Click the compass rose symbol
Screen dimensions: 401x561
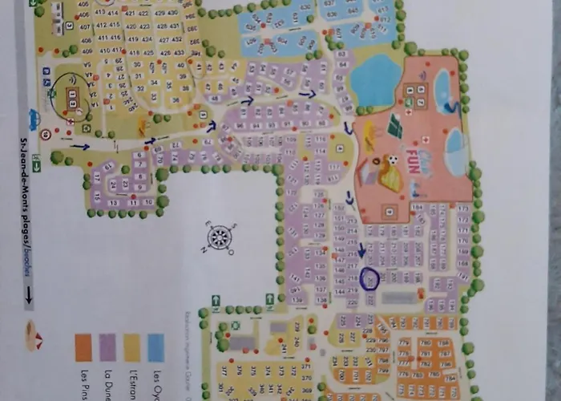[219, 237]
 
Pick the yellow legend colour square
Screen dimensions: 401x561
[131, 346]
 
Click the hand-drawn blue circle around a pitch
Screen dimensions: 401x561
[369, 278]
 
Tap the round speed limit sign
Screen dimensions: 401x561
[46, 134]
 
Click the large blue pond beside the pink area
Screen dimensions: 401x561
[375, 81]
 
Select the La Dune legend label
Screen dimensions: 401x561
[108, 383]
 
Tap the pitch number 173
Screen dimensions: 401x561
[463, 209]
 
